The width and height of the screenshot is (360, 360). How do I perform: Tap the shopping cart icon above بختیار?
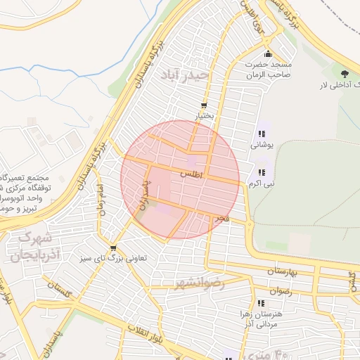point(205,105)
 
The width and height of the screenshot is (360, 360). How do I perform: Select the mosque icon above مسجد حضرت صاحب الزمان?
point(267,55)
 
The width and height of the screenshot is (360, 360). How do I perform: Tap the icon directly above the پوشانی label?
point(262,134)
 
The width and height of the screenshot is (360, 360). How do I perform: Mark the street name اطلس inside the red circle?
point(191,173)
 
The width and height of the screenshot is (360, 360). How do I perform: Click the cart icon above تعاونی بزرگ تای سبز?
point(113,248)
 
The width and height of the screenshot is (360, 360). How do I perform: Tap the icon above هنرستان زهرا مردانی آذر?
point(262,304)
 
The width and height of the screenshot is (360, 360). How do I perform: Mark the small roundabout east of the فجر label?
point(250,225)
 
